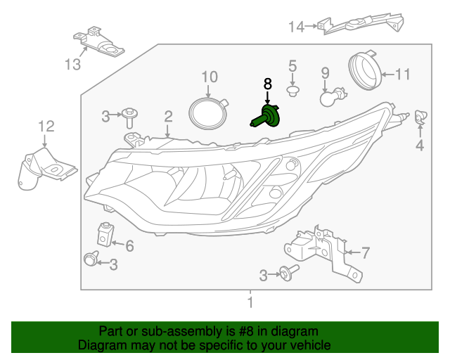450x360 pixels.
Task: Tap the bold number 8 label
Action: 267,84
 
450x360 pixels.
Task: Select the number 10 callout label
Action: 210,76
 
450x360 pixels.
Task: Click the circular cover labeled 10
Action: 209,113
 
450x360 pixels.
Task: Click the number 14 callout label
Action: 296,27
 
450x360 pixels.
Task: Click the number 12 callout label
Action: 46,127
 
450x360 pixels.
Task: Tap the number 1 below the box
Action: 249,304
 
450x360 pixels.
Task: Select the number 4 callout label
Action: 420,146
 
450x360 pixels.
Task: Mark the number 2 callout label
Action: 168,116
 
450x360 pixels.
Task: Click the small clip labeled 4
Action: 421,119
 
